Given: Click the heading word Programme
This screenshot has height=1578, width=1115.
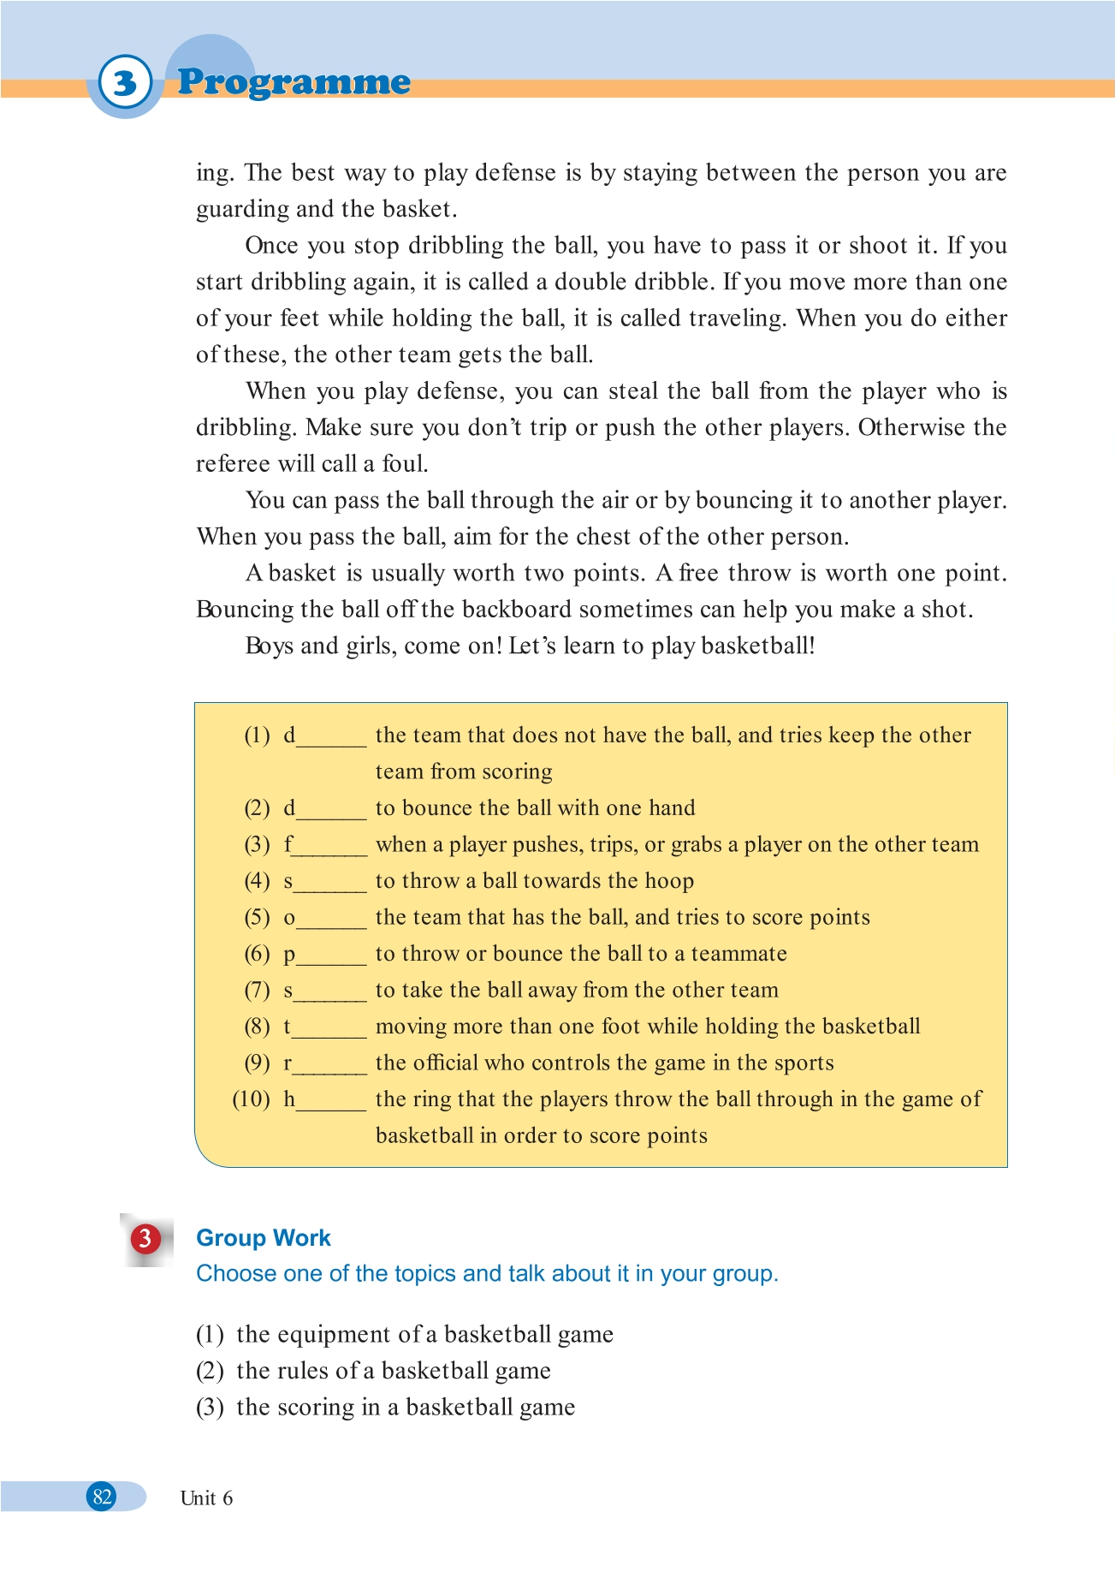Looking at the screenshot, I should [294, 82].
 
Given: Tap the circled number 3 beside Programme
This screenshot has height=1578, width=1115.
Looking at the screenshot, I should [125, 83].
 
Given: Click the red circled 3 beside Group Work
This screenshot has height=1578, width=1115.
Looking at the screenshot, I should [145, 1238].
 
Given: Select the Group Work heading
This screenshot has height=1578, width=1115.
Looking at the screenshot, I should [264, 1238].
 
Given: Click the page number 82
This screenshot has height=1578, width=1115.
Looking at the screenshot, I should [103, 1497].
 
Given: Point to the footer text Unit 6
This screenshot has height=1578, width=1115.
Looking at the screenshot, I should [206, 1498].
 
